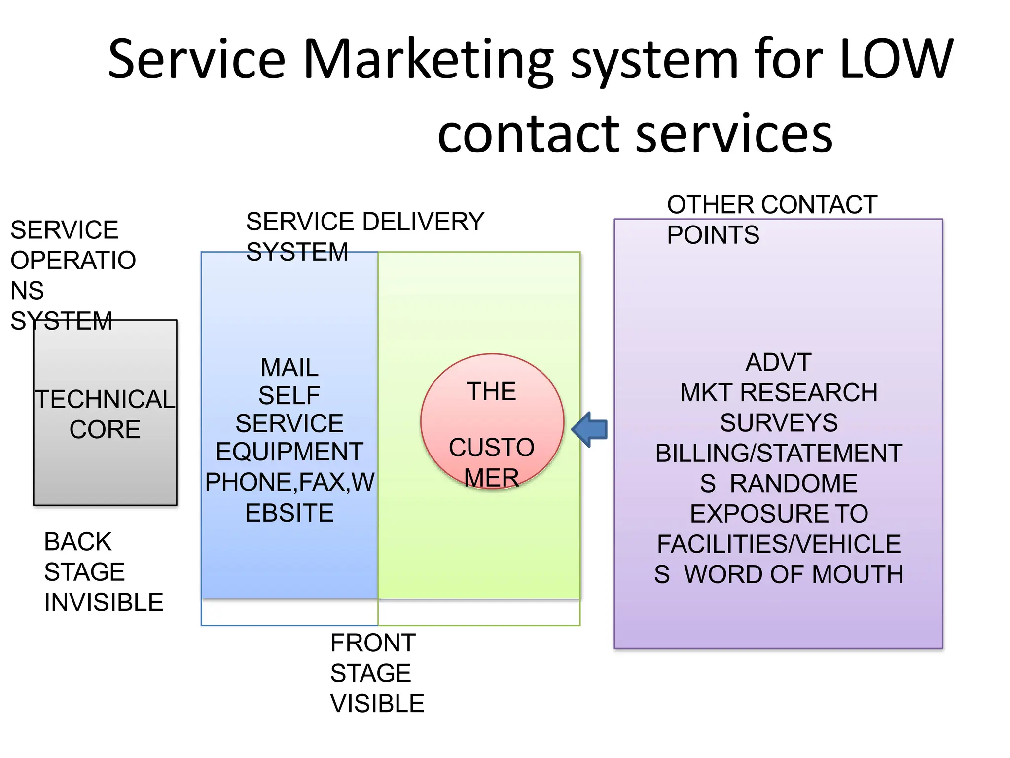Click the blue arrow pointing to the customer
[x=590, y=429]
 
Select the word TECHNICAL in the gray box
[x=105, y=399]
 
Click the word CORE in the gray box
[x=105, y=429]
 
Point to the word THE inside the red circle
[x=492, y=392]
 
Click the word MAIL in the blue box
[x=289, y=368]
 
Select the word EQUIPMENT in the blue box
[x=289, y=452]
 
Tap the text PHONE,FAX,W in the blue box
[x=289, y=482]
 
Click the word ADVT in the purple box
[x=778, y=363]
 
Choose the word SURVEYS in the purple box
[x=779, y=423]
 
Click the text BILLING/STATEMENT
[x=779, y=454]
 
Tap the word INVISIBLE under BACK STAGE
[x=104, y=603]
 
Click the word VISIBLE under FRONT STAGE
[x=377, y=704]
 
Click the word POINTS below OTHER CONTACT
[x=713, y=235]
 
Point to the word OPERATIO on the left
[x=73, y=261]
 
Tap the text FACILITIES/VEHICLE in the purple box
[x=779, y=544]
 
